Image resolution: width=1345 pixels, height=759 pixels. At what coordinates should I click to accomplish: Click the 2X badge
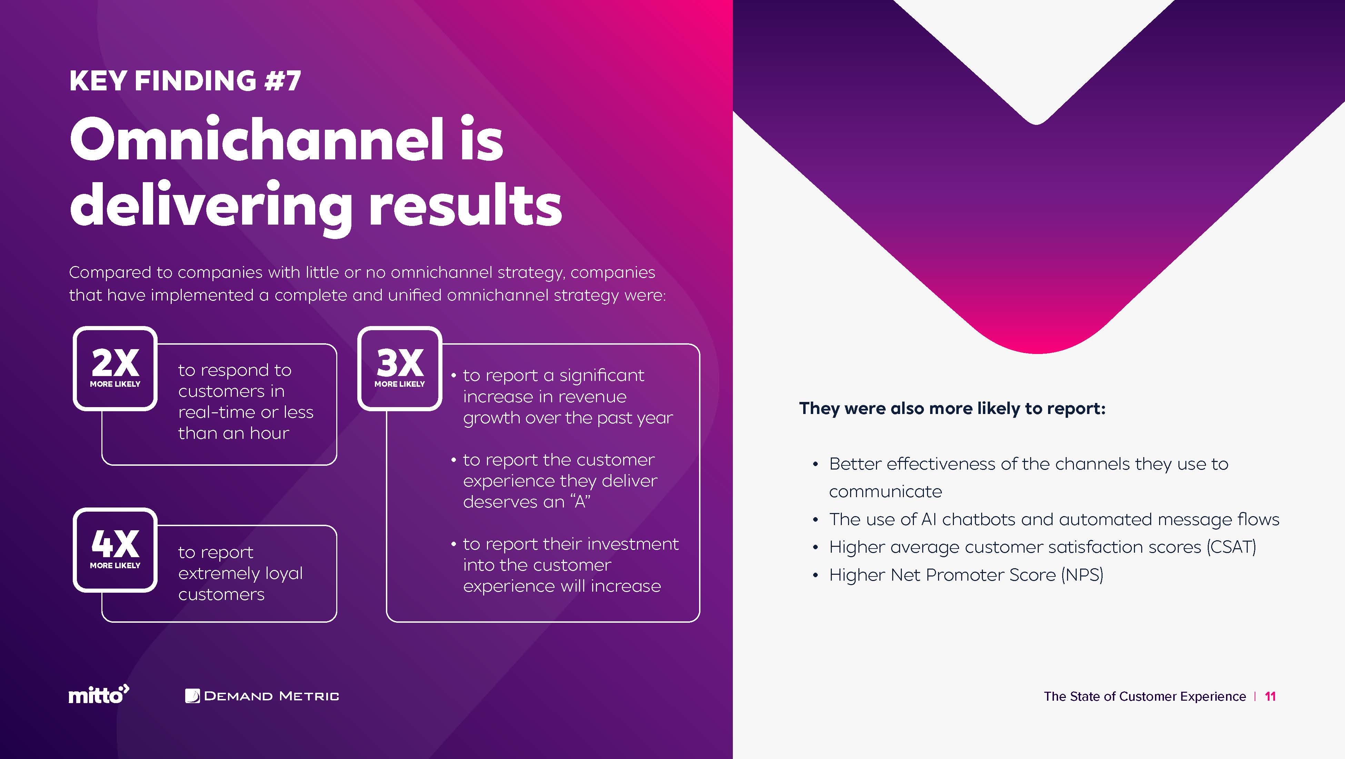click(115, 368)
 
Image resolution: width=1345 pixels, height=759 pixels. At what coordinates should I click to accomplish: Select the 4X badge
click(115, 550)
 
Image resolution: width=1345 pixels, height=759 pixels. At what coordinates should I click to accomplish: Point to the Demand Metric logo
click(262, 696)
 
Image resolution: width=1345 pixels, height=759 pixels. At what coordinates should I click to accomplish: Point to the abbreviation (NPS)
click(1082, 575)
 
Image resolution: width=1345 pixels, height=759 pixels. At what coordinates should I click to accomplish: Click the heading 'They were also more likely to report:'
click(952, 408)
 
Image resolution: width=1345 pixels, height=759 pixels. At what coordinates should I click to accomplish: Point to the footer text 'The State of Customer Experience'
click(1145, 696)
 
